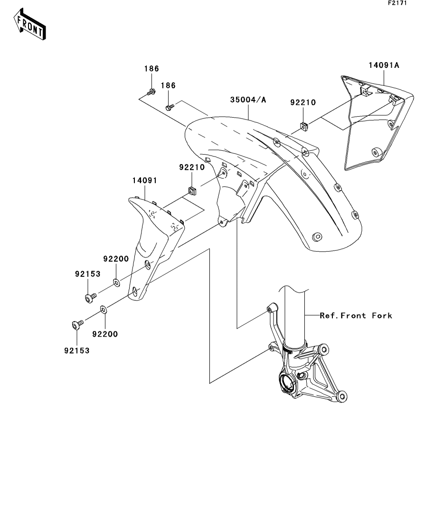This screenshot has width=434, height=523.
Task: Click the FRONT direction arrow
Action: pyautogui.click(x=29, y=24)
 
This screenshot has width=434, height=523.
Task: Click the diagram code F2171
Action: pyautogui.click(x=397, y=3)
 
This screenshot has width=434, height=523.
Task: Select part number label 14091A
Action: pyautogui.click(x=384, y=65)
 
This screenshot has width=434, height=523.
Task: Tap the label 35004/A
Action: pyautogui.click(x=248, y=100)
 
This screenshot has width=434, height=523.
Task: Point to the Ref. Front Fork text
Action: pyautogui.click(x=356, y=315)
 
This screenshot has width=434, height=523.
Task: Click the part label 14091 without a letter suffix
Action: pyautogui.click(x=145, y=181)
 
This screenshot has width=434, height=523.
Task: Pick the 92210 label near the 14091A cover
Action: pyautogui.click(x=303, y=102)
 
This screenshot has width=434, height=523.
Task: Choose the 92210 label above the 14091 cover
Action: pyautogui.click(x=192, y=167)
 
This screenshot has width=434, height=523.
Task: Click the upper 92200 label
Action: pyautogui.click(x=116, y=259)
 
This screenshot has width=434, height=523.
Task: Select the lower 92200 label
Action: pyautogui.click(x=105, y=334)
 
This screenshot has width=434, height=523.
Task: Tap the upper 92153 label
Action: pyautogui.click(x=87, y=274)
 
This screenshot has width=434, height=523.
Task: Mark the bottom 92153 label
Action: pyautogui.click(x=77, y=350)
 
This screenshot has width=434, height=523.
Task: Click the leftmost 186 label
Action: pyautogui.click(x=151, y=69)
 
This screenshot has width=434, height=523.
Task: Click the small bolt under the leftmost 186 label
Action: pyautogui.click(x=151, y=92)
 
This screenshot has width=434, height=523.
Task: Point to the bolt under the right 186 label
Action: pyautogui.click(x=170, y=108)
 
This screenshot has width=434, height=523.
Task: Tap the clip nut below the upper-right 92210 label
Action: pyautogui.click(x=304, y=126)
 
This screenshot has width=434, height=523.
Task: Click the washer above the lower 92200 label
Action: pyautogui.click(x=104, y=310)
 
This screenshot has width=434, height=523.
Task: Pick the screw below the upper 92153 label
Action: pyautogui.click(x=90, y=297)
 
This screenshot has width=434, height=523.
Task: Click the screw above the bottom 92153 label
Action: pyautogui.click(x=77, y=324)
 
